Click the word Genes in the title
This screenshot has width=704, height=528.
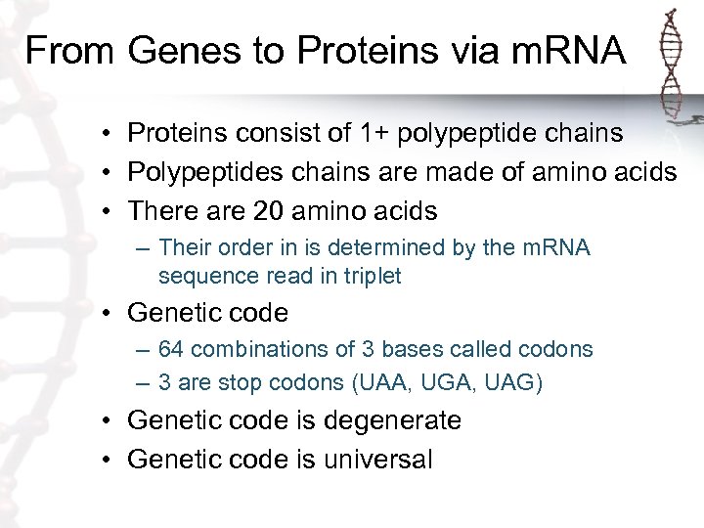pos(168,51)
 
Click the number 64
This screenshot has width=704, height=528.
pos(170,350)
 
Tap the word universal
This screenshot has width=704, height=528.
pos(376,459)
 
